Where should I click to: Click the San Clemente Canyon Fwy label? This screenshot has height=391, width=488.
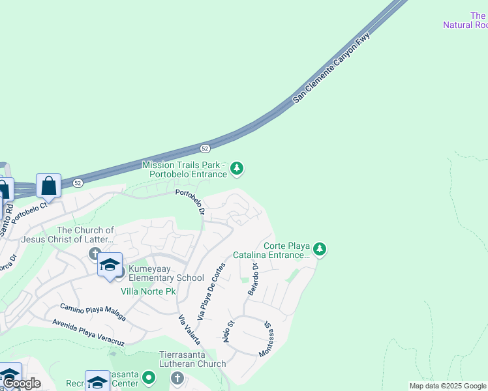tap(331, 68)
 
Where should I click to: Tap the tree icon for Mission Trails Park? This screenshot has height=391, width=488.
tap(237, 169)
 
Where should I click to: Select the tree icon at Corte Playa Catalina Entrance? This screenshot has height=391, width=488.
tap(319, 249)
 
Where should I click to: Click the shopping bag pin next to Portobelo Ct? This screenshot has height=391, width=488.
tap(49, 185)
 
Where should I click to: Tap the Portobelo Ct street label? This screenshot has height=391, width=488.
tap(29, 214)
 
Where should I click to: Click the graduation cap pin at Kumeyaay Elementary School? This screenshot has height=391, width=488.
tap(110, 265)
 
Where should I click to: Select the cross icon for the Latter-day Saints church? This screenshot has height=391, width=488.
tap(95, 253)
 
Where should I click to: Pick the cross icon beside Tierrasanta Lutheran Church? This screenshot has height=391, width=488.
tap(177, 378)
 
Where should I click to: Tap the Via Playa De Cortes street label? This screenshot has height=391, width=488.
tap(211, 291)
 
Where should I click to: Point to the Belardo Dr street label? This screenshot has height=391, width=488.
tap(254, 280)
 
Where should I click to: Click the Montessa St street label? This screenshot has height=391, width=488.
tap(266, 339)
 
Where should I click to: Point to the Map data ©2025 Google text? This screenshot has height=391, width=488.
tap(448, 386)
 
